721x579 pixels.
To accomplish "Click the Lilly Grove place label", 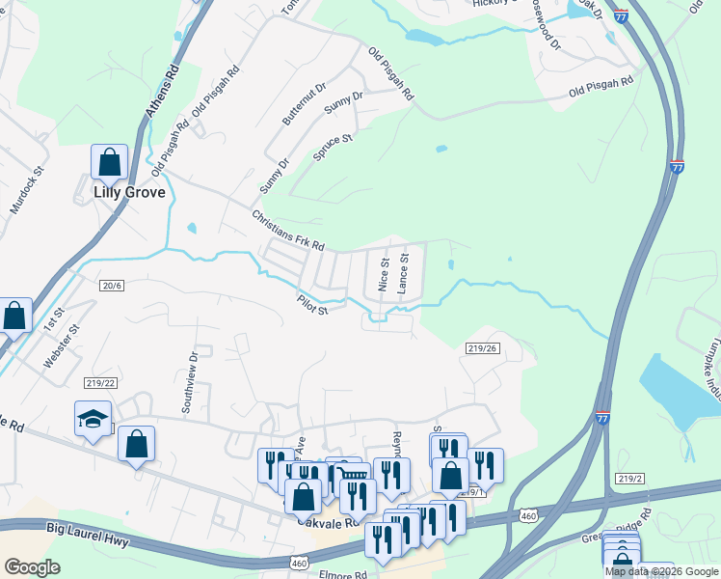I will pyautogui.click(x=129, y=192).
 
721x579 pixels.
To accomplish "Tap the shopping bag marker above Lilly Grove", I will pyautogui.click(x=109, y=162).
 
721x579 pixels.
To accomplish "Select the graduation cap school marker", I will pyautogui.click(x=93, y=420).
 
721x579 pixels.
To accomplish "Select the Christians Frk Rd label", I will pyautogui.click(x=288, y=231).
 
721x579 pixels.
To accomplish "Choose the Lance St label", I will pyautogui.click(x=405, y=273).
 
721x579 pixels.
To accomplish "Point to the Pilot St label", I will pyautogui.click(x=313, y=305).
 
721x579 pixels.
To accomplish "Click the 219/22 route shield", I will pyautogui.click(x=101, y=382).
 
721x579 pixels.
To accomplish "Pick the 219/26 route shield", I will pyautogui.click(x=481, y=348).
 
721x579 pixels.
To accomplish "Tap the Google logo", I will pyautogui.click(x=32, y=567).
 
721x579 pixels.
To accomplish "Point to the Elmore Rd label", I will pyautogui.click(x=341, y=574).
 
